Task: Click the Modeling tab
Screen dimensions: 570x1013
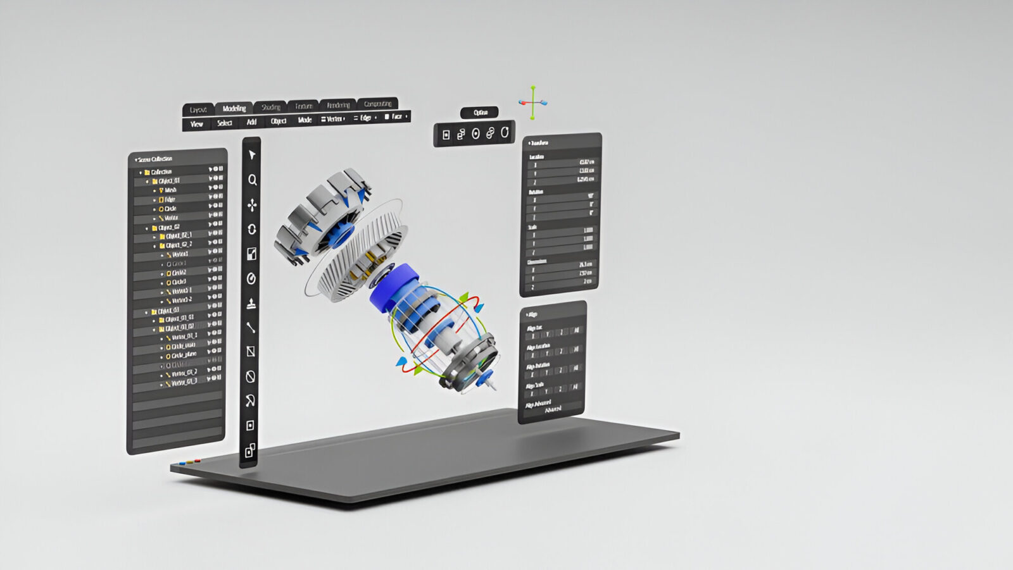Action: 234,108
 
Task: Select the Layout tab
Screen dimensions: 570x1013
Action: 198,109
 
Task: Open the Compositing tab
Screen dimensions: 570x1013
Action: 377,103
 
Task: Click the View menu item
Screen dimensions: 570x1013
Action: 197,124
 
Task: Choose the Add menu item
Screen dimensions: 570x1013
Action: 251,122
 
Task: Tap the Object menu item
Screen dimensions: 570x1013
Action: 279,121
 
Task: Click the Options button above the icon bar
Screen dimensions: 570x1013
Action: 480,113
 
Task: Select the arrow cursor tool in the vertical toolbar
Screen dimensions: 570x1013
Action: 251,155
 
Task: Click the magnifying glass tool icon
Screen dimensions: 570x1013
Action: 252,180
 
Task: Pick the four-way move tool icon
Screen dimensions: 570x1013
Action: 252,205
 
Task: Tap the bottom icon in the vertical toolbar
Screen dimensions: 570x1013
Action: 250,450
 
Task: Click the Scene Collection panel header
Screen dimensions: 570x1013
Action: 155,159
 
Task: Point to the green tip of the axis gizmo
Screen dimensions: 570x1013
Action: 533,88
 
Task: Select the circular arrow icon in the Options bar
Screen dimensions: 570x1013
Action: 505,133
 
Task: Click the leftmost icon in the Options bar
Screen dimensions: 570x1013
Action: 446,135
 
